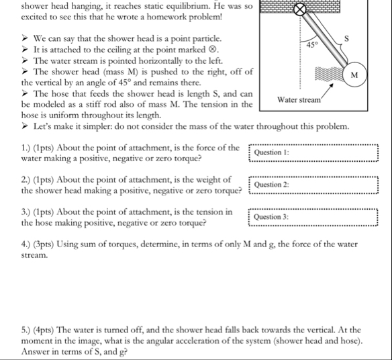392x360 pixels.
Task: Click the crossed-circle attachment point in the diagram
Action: click(x=299, y=10)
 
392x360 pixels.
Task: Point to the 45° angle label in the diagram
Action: click(x=312, y=45)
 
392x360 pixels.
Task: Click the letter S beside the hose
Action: click(x=346, y=38)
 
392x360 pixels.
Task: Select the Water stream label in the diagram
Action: click(x=299, y=100)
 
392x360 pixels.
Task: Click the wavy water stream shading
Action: click(x=329, y=74)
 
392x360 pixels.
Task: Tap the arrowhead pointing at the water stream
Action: click(x=332, y=85)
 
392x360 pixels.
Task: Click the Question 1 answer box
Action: click(x=313, y=152)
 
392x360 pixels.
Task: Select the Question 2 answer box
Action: click(x=313, y=185)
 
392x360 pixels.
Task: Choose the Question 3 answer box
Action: click(x=313, y=217)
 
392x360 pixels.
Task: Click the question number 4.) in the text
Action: click(x=26, y=244)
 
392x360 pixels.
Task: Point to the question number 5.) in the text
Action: click(x=26, y=330)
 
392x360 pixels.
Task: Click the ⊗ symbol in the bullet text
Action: click(x=212, y=50)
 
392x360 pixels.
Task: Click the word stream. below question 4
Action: click(x=34, y=255)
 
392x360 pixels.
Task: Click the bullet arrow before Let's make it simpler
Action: click(x=24, y=126)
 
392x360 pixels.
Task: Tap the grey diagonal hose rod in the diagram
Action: click(x=324, y=38)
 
